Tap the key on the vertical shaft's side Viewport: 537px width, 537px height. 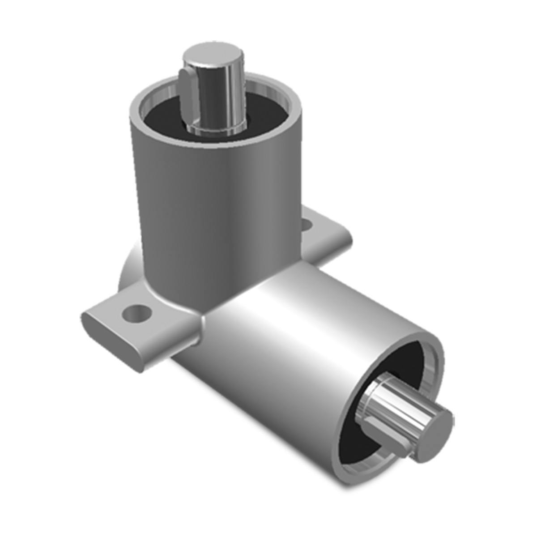[188, 92]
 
